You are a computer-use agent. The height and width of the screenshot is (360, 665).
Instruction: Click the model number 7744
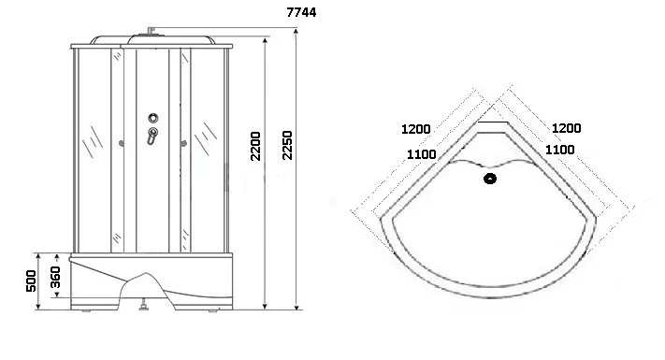(x=301, y=12)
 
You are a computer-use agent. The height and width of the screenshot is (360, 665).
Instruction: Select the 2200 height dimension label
(x=255, y=146)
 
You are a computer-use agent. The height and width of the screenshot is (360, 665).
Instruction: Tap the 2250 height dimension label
(x=287, y=145)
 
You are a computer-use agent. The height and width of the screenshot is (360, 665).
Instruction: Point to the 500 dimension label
(x=31, y=281)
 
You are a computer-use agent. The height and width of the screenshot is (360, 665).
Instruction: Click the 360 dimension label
(x=55, y=278)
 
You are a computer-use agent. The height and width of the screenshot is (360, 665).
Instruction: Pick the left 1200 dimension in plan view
(x=415, y=129)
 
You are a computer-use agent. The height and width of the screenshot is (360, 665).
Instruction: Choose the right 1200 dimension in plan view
(x=566, y=127)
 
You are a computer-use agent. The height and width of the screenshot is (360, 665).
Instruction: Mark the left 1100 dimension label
(x=422, y=154)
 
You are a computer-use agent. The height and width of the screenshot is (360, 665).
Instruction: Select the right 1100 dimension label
(x=560, y=150)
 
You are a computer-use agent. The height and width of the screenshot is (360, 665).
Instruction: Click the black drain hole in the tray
(x=490, y=179)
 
